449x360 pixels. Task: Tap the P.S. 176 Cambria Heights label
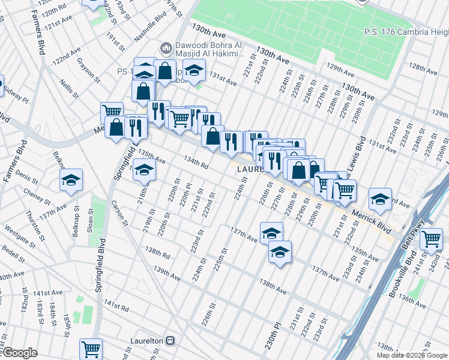(406, 32)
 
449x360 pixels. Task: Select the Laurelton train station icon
(170, 341)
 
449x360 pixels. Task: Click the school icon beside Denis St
(71, 179)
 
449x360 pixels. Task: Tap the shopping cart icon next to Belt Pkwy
(431, 239)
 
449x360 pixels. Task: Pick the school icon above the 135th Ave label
(144, 171)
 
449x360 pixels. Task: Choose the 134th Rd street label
(196, 162)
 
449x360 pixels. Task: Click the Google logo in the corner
(19, 353)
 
